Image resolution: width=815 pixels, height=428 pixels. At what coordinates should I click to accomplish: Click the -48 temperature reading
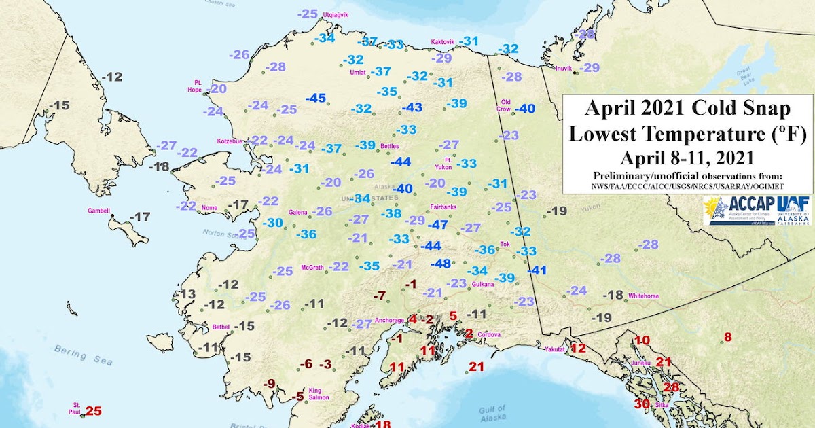(x=441, y=263)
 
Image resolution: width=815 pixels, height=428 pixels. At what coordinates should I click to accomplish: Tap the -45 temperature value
(x=316, y=98)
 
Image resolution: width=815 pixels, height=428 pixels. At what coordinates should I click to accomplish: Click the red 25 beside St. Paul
(x=93, y=410)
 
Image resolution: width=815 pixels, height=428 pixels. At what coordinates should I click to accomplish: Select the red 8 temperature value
(x=727, y=337)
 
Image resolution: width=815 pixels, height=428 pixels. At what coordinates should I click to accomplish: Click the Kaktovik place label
(x=442, y=42)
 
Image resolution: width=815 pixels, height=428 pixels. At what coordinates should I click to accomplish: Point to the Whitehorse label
(x=645, y=296)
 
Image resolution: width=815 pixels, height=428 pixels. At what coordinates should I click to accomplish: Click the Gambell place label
(x=99, y=211)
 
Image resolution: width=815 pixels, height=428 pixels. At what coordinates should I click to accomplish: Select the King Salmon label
(x=319, y=394)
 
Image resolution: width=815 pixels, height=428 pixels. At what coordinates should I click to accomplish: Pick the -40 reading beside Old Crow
(x=525, y=109)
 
